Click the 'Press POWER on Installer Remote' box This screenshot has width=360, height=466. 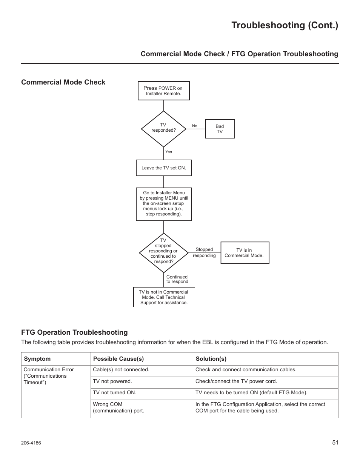click(163, 91)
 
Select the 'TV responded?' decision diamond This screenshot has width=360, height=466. click(163, 129)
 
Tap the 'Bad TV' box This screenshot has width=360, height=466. click(220, 129)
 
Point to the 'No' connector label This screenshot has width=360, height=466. click(195, 126)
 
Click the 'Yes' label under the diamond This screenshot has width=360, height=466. click(169, 152)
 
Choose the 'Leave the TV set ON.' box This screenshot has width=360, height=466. click(163, 168)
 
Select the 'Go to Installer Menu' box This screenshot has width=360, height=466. click(163, 204)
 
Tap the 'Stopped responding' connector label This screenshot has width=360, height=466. click(204, 252)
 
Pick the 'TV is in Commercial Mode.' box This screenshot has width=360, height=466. click(245, 253)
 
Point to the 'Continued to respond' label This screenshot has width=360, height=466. click(177, 279)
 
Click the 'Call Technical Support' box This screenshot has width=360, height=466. click(164, 297)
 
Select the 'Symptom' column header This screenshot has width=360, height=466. click(37, 359)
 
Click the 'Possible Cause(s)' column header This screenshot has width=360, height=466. click(118, 359)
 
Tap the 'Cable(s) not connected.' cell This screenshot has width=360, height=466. click(121, 370)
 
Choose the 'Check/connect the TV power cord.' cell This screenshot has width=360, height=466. click(236, 381)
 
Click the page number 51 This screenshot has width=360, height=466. click(335, 443)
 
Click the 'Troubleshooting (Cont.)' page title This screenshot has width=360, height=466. click(285, 25)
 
